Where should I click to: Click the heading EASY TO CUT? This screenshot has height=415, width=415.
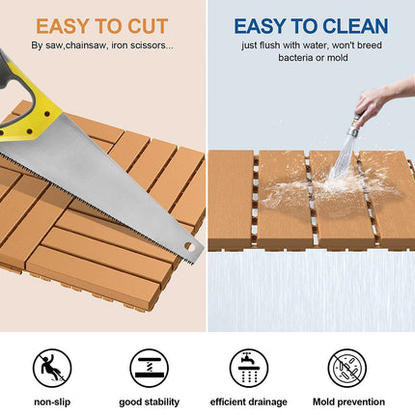pyautogui.click(x=102, y=25)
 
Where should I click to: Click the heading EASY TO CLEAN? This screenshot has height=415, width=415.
pyautogui.click(x=310, y=25)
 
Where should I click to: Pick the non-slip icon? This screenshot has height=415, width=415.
pyautogui.click(x=51, y=368)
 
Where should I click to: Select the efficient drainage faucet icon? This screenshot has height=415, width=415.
pyautogui.click(x=248, y=368)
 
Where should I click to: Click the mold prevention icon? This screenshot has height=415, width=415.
pyautogui.click(x=347, y=368)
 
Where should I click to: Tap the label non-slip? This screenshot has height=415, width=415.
pyautogui.click(x=51, y=401)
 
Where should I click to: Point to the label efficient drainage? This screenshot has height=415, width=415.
pyautogui.click(x=248, y=401)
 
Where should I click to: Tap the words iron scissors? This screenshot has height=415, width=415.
pyautogui.click(x=145, y=45)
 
